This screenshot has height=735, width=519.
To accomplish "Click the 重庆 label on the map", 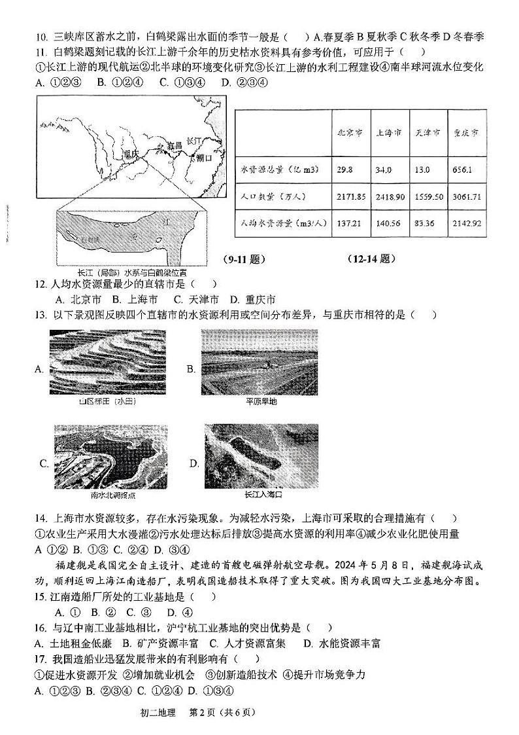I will [131, 154].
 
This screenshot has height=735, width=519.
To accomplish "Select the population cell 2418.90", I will [390, 197].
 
